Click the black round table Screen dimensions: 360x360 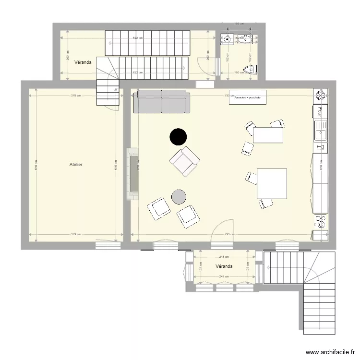(x=178, y=137)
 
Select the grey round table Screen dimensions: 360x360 (x=179, y=196)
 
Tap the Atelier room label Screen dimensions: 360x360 (x=76, y=165)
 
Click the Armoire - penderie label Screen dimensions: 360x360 (x=248, y=97)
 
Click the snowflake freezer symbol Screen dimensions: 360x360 (x=320, y=96)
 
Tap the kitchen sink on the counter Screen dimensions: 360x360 (x=320, y=128)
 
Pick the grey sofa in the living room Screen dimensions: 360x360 (x=162, y=101)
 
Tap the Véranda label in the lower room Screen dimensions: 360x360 (x=224, y=266)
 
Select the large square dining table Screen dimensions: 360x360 (x=272, y=183)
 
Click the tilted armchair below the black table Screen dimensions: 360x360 (x=184, y=162)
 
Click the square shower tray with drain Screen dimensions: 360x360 (x=227, y=39)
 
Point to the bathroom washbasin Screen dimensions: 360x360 (x=248, y=38)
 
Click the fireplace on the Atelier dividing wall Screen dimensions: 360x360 (x=132, y=174)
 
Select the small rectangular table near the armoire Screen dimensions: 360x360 (x=268, y=135)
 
